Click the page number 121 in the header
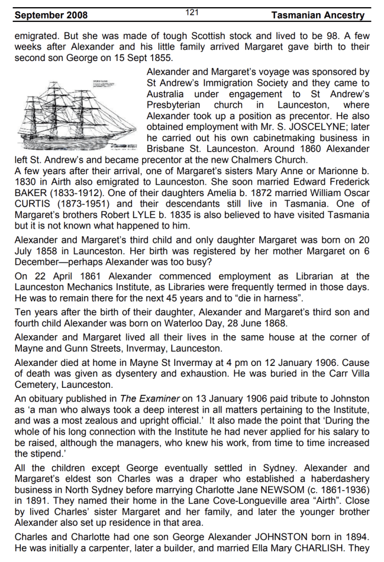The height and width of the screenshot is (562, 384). [x=192, y=12]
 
